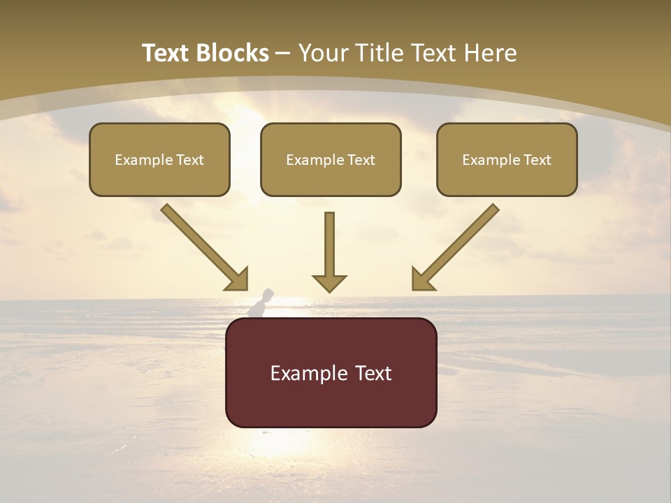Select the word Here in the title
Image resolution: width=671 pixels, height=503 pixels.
click(x=492, y=53)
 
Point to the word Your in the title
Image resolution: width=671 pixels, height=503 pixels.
click(x=322, y=53)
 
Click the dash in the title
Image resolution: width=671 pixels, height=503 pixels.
click(x=283, y=54)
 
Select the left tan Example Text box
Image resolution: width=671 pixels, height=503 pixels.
click(x=159, y=159)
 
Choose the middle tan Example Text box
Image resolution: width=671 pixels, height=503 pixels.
click(x=331, y=159)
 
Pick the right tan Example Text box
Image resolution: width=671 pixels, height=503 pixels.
click(x=507, y=159)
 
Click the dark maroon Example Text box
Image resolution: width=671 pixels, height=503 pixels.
click(x=331, y=372)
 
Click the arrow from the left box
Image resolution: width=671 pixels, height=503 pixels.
click(x=203, y=246)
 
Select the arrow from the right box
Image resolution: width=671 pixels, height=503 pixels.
click(x=457, y=246)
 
